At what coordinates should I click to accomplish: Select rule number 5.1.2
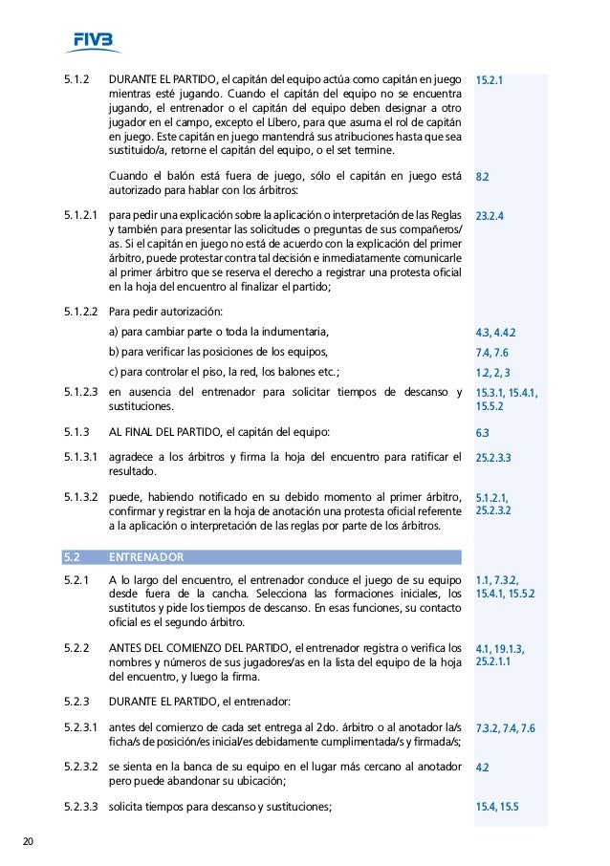click(x=76, y=79)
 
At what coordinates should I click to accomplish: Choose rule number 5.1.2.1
click(x=80, y=216)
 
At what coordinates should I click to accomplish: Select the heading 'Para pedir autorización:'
click(x=166, y=311)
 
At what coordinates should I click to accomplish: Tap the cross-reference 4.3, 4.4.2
click(x=495, y=333)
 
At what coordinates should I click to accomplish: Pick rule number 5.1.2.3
click(x=80, y=392)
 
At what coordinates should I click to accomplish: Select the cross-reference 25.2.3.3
click(x=493, y=458)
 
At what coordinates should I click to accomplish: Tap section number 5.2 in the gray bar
click(x=72, y=555)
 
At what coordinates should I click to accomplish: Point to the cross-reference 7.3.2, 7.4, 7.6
click(x=505, y=728)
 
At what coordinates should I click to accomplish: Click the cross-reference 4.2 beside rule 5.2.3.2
click(x=482, y=767)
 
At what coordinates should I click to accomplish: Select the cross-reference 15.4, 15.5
click(x=496, y=807)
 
